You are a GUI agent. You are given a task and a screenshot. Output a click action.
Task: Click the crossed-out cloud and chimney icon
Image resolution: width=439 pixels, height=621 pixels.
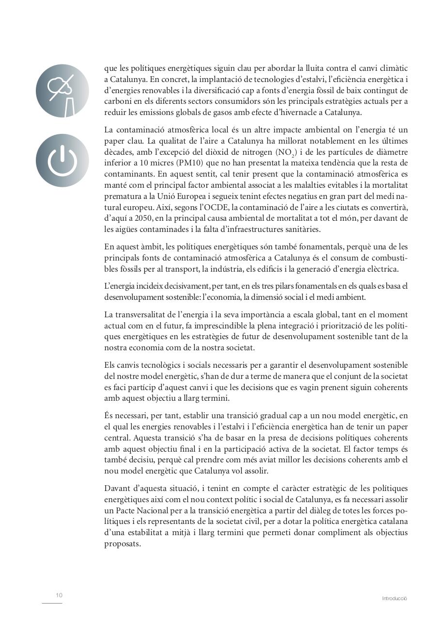[x=63, y=91]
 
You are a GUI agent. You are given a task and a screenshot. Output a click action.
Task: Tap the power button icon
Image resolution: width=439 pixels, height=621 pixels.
[x=63, y=161]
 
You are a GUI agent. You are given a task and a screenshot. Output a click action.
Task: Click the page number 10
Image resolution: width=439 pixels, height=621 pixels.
[x=59, y=595]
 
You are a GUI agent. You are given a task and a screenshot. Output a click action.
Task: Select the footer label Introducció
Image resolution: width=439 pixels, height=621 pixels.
[x=394, y=599]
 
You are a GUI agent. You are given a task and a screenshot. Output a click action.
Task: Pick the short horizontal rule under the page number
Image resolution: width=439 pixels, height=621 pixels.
[x=52, y=604]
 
